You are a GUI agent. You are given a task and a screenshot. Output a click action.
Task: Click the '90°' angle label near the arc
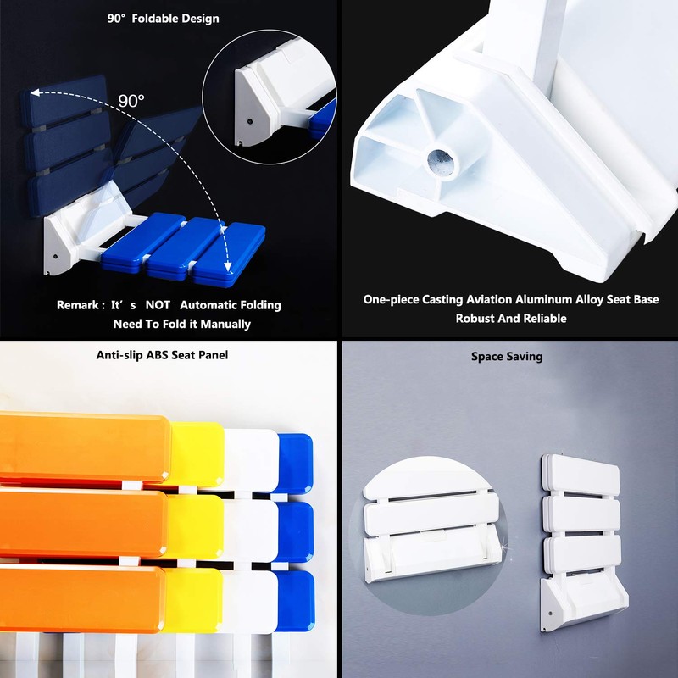[131, 101]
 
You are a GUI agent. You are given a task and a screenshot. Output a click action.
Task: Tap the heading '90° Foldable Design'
[164, 19]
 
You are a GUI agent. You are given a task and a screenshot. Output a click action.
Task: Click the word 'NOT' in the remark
[158, 305]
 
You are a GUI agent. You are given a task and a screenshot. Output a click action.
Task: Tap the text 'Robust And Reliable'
[511, 319]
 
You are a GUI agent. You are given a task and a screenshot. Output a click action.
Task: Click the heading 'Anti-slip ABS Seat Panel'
[162, 355]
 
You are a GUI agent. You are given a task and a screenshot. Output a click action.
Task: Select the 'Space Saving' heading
[507, 357]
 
